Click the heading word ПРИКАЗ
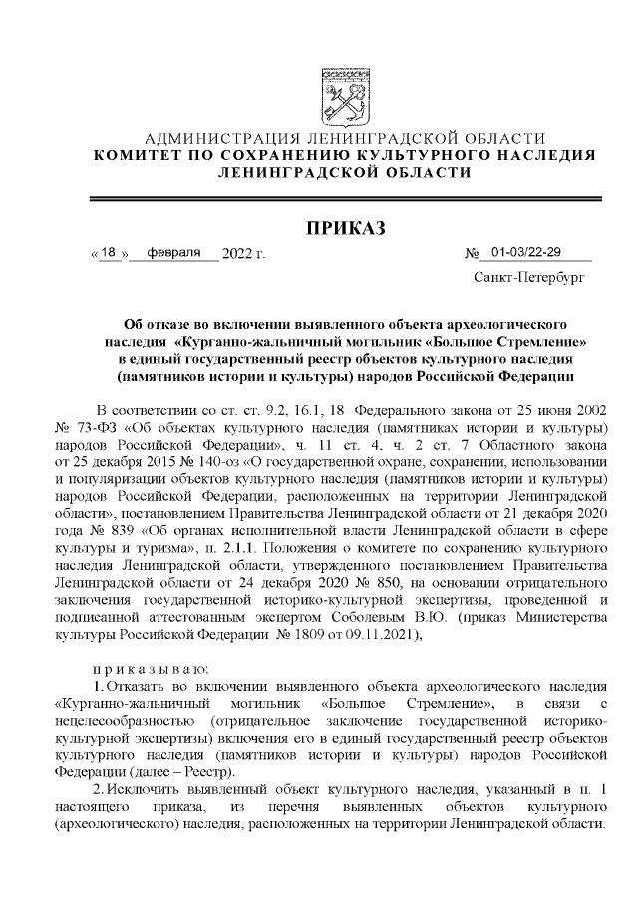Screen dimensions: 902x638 tap(344, 228)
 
